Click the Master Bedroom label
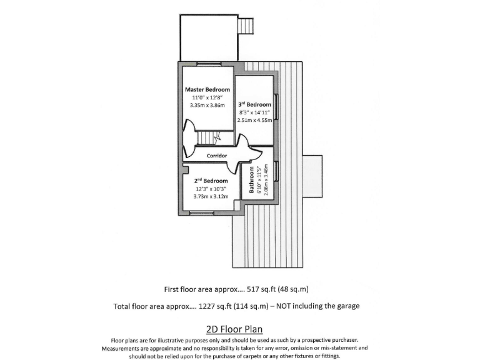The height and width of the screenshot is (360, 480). coord(207,89)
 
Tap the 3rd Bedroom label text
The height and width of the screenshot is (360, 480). coord(254,104)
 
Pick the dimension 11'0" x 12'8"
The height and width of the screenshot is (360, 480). coord(207,97)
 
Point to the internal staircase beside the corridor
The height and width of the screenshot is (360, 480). coord(209,137)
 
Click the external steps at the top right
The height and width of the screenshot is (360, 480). coord(246,26)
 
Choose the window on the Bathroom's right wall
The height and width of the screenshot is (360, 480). coord(275,171)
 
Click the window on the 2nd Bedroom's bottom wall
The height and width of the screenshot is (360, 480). coord(201,214)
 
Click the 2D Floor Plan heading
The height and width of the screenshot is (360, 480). coord(234,329)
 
